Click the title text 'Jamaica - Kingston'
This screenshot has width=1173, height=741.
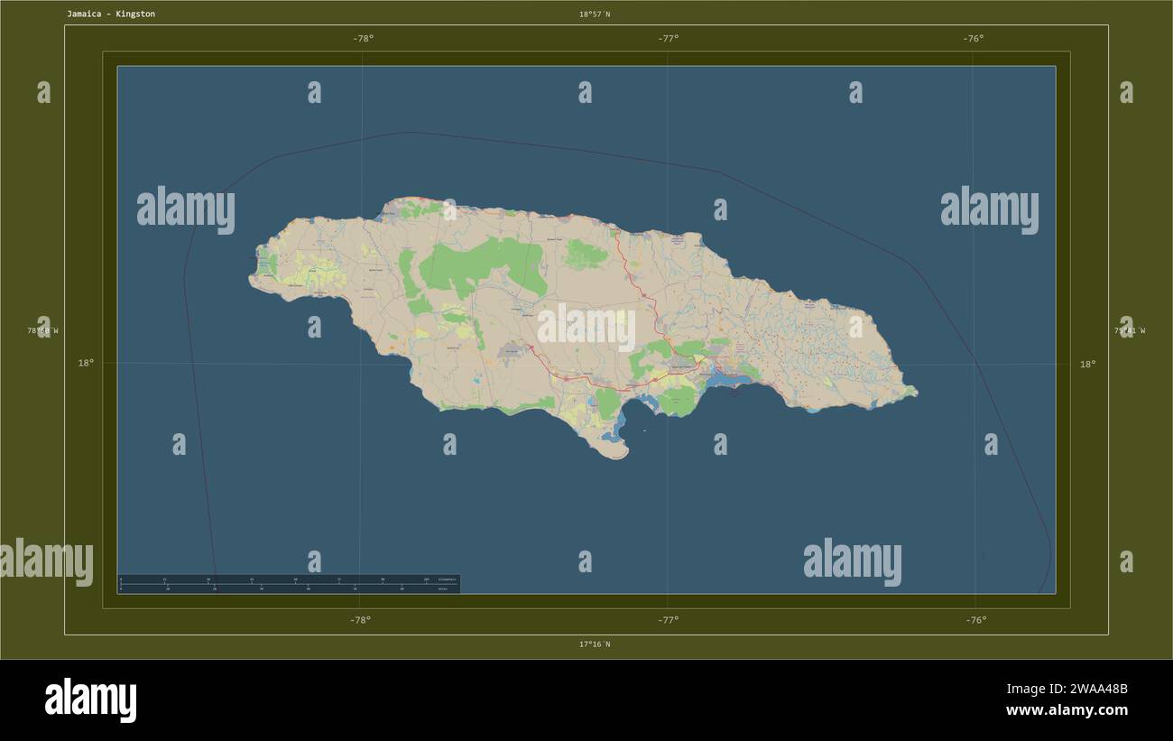110,14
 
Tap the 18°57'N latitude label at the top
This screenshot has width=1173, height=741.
595,14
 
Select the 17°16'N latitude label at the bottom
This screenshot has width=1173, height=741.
595,644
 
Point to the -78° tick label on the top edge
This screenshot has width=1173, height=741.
363,38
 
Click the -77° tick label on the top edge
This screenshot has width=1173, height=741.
668,38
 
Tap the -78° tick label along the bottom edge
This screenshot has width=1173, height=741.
360,620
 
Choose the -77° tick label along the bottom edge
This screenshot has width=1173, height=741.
668,620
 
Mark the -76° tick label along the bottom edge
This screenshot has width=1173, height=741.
975,620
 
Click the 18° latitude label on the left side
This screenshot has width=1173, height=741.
85,363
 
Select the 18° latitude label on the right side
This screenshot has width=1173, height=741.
1088,365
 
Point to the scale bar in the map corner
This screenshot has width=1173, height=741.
289,584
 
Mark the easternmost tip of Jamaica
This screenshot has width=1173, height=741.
915,393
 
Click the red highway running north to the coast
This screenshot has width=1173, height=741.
632,280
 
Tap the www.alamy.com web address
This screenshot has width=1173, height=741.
1067,710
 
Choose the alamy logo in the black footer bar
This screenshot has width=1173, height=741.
90,700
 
